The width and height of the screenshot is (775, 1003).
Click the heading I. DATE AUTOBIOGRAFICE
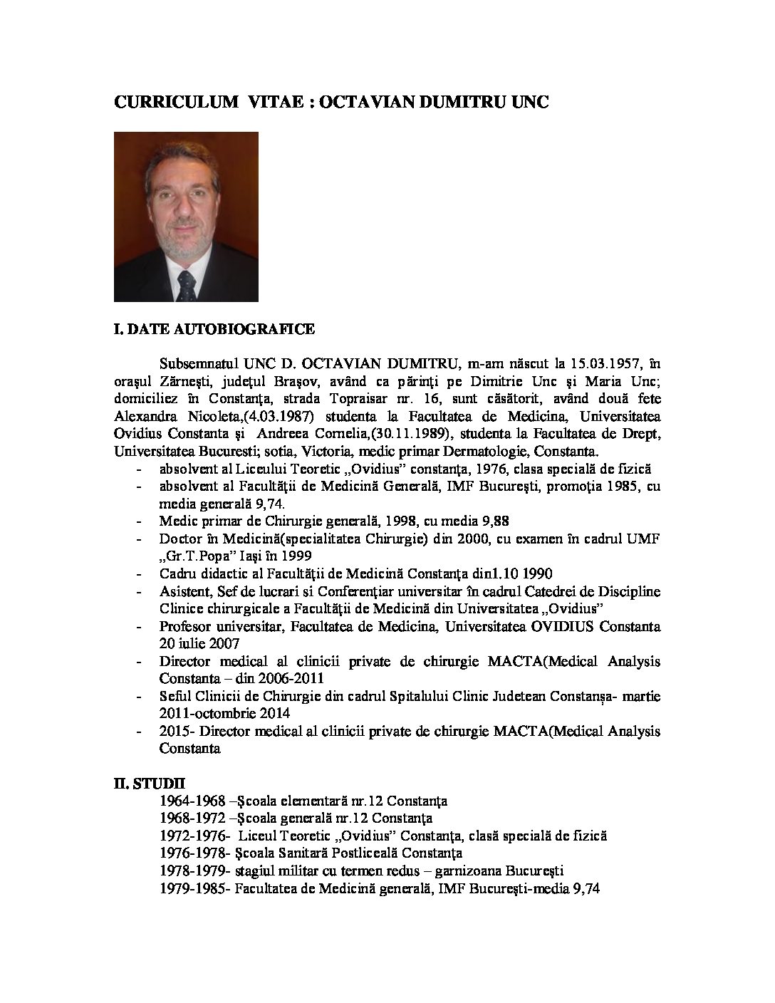[214, 330]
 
